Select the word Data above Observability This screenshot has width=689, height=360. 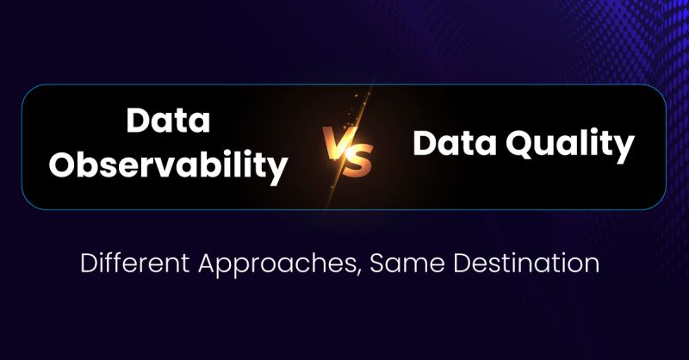(x=168, y=121)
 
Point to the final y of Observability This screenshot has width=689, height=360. (x=277, y=170)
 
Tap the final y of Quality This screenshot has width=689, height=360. (x=624, y=147)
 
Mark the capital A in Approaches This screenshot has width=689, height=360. (x=215, y=263)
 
